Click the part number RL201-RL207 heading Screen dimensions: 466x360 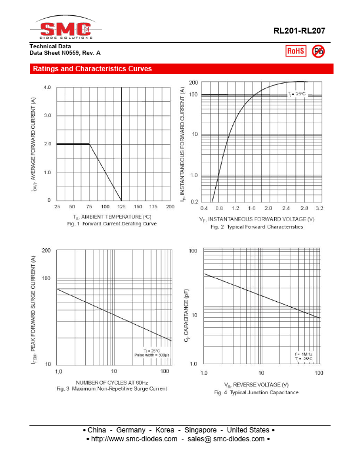[x=299, y=31]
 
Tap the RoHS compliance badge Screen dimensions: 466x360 [x=295, y=51]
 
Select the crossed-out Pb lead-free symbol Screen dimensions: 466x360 [x=318, y=51]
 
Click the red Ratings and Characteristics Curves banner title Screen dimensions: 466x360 [x=92, y=69]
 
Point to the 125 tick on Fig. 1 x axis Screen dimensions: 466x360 [x=121, y=207]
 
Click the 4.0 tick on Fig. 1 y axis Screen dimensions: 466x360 [x=47, y=87]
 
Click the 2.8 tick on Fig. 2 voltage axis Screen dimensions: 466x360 [x=304, y=208]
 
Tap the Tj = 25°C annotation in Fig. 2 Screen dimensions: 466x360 [x=296, y=94]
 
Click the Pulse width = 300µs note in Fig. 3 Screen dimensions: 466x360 [x=151, y=355]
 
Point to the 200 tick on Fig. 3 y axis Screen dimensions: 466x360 [x=45, y=251]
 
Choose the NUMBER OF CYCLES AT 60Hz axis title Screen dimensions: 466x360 [x=112, y=382]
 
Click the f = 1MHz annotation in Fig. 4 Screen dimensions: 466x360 [x=304, y=354]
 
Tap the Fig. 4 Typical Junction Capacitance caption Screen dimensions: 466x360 [x=256, y=392]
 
